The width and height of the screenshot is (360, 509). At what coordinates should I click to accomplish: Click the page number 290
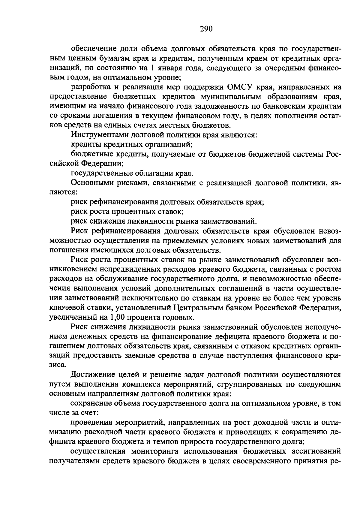(206, 29)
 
